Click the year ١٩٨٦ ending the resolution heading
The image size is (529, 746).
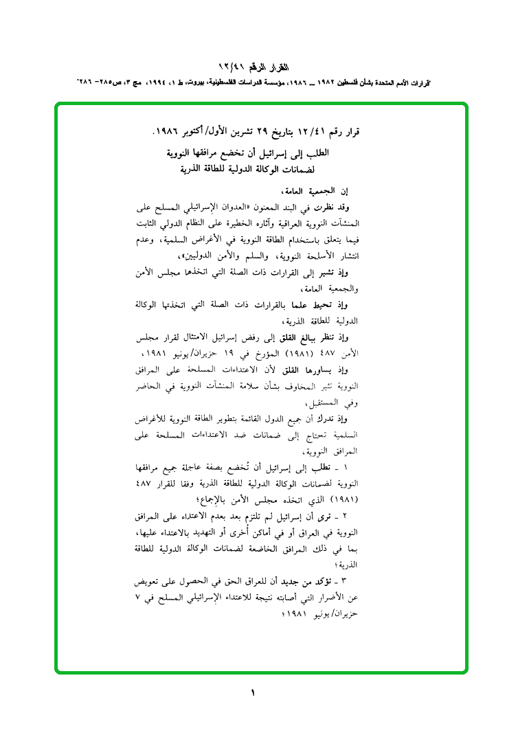[169, 131]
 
